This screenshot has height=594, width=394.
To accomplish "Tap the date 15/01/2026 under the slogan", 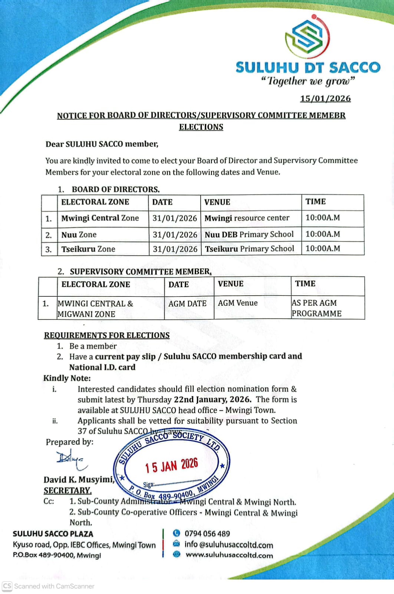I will [325, 98].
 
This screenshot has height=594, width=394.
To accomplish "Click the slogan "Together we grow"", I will [308, 81].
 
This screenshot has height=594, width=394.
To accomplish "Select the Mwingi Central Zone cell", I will [100, 218].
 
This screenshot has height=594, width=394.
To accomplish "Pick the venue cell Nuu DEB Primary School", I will [249, 234].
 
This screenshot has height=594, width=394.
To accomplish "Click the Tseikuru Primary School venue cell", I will [250, 249].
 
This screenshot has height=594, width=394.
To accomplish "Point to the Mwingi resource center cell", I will [247, 218].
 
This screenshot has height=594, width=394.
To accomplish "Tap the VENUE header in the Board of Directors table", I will [217, 202].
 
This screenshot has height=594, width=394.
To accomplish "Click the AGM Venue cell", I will [238, 303].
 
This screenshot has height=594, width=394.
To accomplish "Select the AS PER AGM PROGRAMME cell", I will [316, 308].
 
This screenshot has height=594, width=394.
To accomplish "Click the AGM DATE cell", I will [187, 304].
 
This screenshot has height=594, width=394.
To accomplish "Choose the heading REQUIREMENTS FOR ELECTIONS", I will [107, 335].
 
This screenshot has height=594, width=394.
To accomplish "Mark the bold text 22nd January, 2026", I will [213, 399].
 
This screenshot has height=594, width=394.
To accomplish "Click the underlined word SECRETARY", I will [68, 490].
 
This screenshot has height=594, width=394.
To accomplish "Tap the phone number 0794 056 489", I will [207, 533].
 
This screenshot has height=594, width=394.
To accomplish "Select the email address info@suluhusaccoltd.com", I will [229, 545].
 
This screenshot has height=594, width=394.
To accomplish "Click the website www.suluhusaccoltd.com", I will [229, 555].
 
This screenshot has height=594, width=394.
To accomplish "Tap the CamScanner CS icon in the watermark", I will [7, 586].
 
